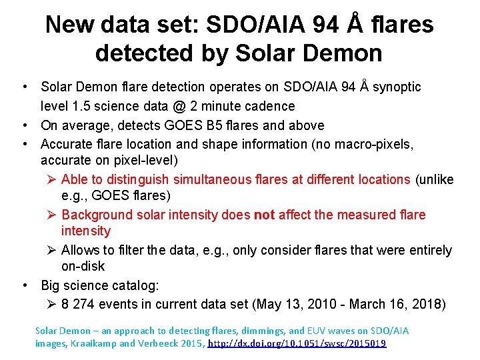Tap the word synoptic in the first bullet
(x=397, y=87)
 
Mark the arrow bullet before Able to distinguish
(x=53, y=179)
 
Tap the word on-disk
(x=83, y=266)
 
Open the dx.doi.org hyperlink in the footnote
(x=297, y=343)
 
